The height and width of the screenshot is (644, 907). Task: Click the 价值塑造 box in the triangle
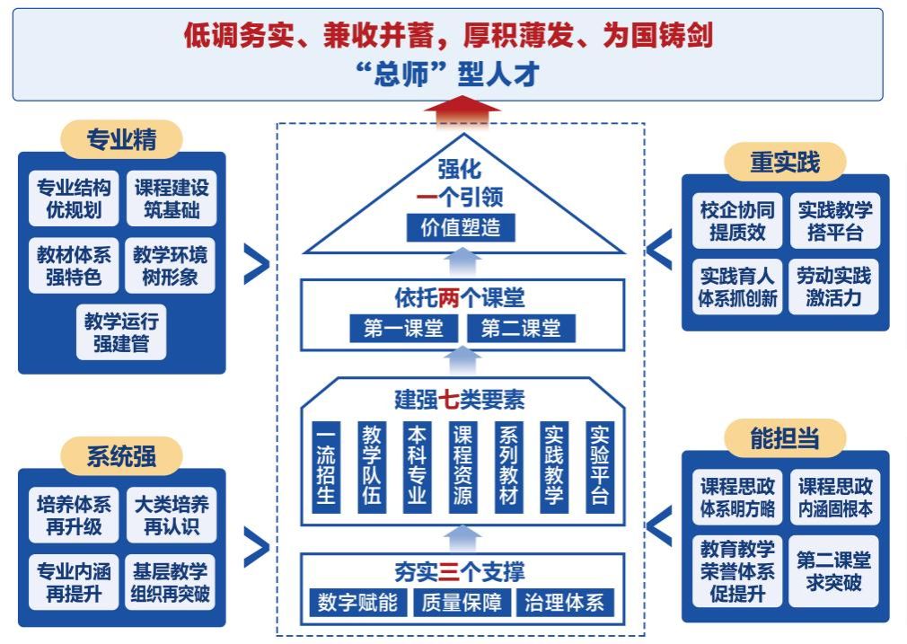point(462,227)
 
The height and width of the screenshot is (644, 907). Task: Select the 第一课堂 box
point(403,329)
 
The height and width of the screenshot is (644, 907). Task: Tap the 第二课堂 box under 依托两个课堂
point(521,329)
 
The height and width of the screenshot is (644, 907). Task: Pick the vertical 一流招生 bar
point(325,467)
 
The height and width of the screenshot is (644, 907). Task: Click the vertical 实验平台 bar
point(599,467)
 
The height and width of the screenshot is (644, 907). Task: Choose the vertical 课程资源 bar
point(462,467)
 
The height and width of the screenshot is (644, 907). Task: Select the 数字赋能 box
point(357,602)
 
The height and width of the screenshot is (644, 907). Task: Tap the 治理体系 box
point(565,602)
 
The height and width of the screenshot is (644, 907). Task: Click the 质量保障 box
point(461,602)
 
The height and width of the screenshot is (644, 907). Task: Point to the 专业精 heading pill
point(121,139)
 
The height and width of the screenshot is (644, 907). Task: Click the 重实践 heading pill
point(785,162)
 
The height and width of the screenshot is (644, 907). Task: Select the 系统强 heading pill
point(121,455)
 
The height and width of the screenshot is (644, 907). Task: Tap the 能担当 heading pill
point(785,437)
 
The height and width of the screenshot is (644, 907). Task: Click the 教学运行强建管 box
point(122,331)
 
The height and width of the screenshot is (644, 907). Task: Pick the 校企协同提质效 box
point(737,221)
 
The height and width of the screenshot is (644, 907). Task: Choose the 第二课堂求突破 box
point(833,571)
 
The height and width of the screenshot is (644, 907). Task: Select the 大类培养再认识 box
point(171,515)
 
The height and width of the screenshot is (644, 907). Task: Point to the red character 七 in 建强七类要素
point(450,398)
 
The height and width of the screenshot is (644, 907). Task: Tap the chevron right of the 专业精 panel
point(256,264)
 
